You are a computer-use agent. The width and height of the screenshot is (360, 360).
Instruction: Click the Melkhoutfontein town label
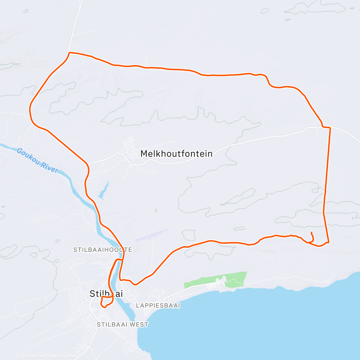tap(176, 154)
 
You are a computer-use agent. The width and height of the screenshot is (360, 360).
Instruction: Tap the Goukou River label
tap(37, 160)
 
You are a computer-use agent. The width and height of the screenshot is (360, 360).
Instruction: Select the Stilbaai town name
tap(106, 294)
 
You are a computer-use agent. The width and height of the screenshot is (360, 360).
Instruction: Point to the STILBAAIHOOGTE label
tap(103, 250)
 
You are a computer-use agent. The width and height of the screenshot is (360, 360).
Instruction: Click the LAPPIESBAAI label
tap(158, 306)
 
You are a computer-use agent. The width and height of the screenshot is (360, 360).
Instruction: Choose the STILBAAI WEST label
tap(122, 325)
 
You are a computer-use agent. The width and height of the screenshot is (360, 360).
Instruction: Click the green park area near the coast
tap(234, 279)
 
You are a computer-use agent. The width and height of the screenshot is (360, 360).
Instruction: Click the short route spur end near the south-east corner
tap(312, 232)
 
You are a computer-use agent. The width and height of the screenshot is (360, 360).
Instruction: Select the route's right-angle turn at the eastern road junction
tap(330, 128)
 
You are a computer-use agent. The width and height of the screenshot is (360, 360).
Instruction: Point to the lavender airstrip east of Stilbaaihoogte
tap(151, 235)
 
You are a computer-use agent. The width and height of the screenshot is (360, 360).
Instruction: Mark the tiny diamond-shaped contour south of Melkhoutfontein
tap(156, 210)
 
